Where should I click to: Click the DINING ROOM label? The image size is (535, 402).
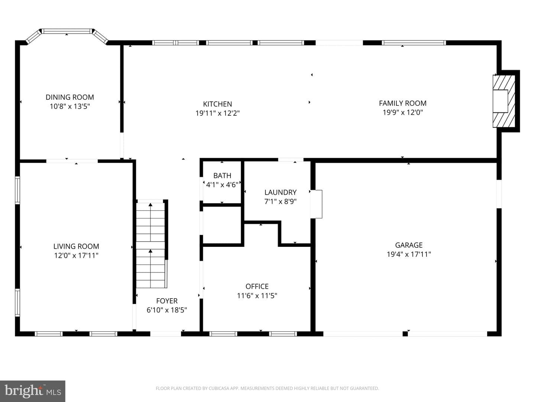tap(70, 97)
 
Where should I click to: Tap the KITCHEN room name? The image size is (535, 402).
tap(217, 104)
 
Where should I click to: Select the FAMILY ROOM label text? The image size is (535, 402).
tap(403, 103)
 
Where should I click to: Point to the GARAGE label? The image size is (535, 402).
tap(409, 245)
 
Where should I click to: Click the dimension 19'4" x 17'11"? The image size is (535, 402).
tap(409, 254)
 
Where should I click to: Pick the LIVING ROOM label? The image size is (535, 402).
tap(76, 246)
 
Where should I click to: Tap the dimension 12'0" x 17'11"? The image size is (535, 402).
tap(76, 256)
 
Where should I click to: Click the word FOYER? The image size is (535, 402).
tap(167, 301)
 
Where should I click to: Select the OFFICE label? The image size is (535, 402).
tap(257, 286)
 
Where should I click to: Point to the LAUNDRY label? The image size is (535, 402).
tap(281, 192)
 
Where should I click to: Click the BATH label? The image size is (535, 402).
tap(222, 175)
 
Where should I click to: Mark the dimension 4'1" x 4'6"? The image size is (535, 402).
tap(222, 185)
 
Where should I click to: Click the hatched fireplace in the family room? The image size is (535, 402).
tap(503, 101)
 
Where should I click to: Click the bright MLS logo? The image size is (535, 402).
tap(33, 391)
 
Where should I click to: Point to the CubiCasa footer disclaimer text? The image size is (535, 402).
tap(267, 388)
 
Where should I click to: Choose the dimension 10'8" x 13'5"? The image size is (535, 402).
tap(70, 106)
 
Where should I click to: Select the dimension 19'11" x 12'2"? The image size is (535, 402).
tap(218, 113)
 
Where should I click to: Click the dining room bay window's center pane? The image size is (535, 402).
tap(67, 31)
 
